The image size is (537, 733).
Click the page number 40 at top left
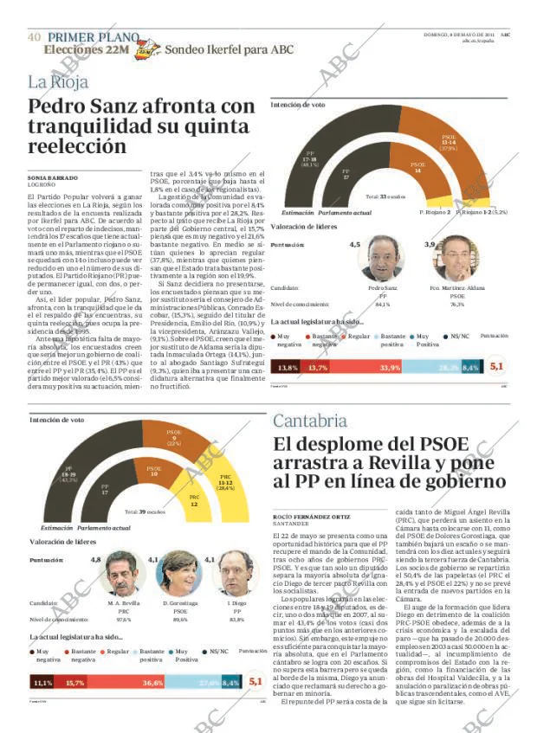pos(34,37)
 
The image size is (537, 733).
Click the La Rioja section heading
pos(60,83)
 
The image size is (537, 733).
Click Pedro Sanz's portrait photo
pos(382,259)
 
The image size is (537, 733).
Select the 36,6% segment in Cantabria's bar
pos(152,683)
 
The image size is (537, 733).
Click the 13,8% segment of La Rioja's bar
pos(288,367)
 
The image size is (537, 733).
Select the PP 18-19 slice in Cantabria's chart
pos(67,477)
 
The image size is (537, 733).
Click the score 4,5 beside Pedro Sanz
pos(354,246)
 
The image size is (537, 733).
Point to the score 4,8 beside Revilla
pos(95,560)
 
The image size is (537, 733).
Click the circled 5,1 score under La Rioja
pos(496,367)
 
